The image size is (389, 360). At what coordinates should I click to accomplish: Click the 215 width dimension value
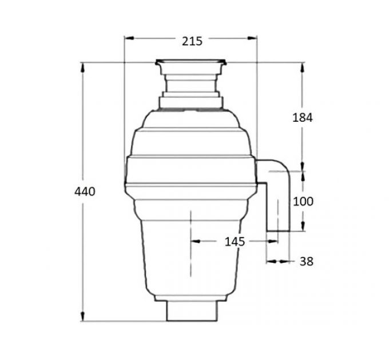click(192, 41)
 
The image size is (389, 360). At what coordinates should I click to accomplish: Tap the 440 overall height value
click(85, 191)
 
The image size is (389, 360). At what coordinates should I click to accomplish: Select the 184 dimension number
click(303, 118)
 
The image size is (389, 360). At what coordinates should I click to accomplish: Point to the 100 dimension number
click(303, 202)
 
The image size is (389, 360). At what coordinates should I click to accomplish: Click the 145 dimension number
click(235, 242)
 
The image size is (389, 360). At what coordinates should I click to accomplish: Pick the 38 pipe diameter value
click(307, 261)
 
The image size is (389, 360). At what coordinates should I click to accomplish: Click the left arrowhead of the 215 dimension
click(129, 38)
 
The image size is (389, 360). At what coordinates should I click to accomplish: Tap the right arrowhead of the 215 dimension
click(252, 38)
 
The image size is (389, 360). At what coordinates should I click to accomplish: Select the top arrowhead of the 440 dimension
click(82, 67)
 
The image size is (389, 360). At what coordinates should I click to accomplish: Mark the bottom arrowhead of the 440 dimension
click(82, 317)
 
